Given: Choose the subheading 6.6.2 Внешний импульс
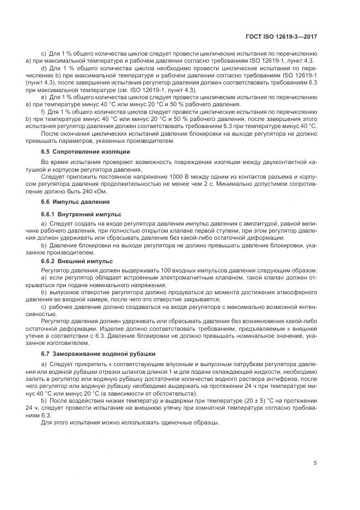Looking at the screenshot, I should coord(77,261).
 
